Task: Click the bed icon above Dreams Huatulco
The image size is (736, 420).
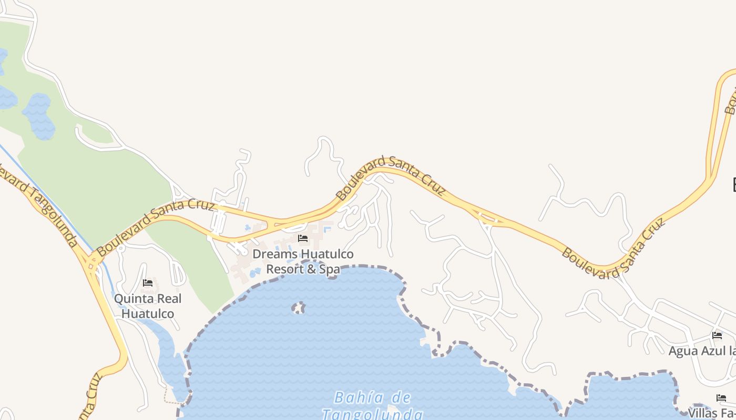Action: tap(303, 238)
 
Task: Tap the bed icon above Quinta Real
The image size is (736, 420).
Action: tap(148, 283)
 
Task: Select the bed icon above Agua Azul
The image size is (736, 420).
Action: tap(717, 335)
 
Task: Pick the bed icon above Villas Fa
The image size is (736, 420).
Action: tap(721, 398)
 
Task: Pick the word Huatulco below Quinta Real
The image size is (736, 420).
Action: tap(148, 313)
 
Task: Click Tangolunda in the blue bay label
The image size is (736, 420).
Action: tap(372, 414)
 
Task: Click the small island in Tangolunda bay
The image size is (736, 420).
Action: tap(299, 308)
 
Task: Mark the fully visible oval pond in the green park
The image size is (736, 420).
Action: tap(38, 117)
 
